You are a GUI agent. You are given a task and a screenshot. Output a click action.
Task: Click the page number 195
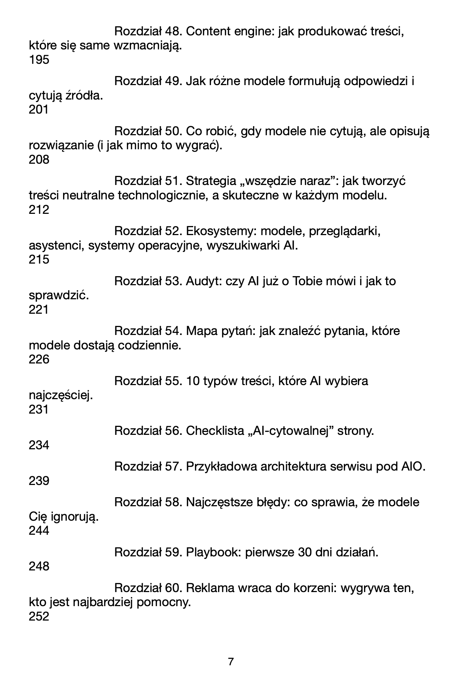[39, 60]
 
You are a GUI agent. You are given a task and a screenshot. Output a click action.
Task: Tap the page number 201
[39, 110]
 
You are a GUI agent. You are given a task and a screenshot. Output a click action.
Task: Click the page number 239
[39, 481]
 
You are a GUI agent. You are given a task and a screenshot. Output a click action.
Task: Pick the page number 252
[39, 617]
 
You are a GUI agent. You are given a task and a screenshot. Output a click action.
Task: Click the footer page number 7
[231, 662]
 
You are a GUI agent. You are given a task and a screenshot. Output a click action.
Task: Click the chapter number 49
[173, 81]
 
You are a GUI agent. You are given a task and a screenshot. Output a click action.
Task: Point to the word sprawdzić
[59, 296]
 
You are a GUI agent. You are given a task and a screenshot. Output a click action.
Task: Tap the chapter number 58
[173, 502]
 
